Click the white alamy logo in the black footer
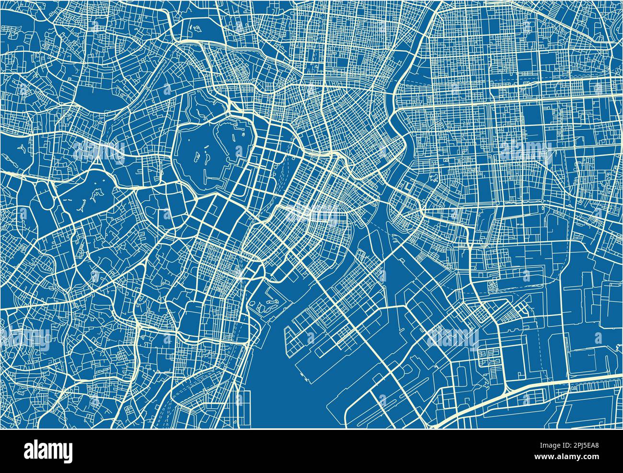pos(48,450)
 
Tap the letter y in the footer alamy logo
pos(69,452)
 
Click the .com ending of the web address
pos(589,458)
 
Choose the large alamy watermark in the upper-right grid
pos(525,152)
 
